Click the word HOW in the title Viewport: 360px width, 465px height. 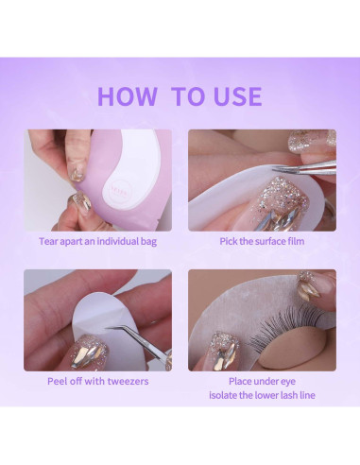pos(128,96)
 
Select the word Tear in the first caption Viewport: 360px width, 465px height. pos(48,241)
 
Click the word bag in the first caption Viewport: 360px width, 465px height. pos(148,242)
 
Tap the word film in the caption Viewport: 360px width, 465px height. pos(296,241)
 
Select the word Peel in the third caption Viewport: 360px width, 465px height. pos(56,381)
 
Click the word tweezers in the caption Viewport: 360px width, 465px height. pos(128,382)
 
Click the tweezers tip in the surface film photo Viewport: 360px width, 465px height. pos(274,170)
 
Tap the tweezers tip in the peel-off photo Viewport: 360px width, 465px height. pos(107,328)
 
